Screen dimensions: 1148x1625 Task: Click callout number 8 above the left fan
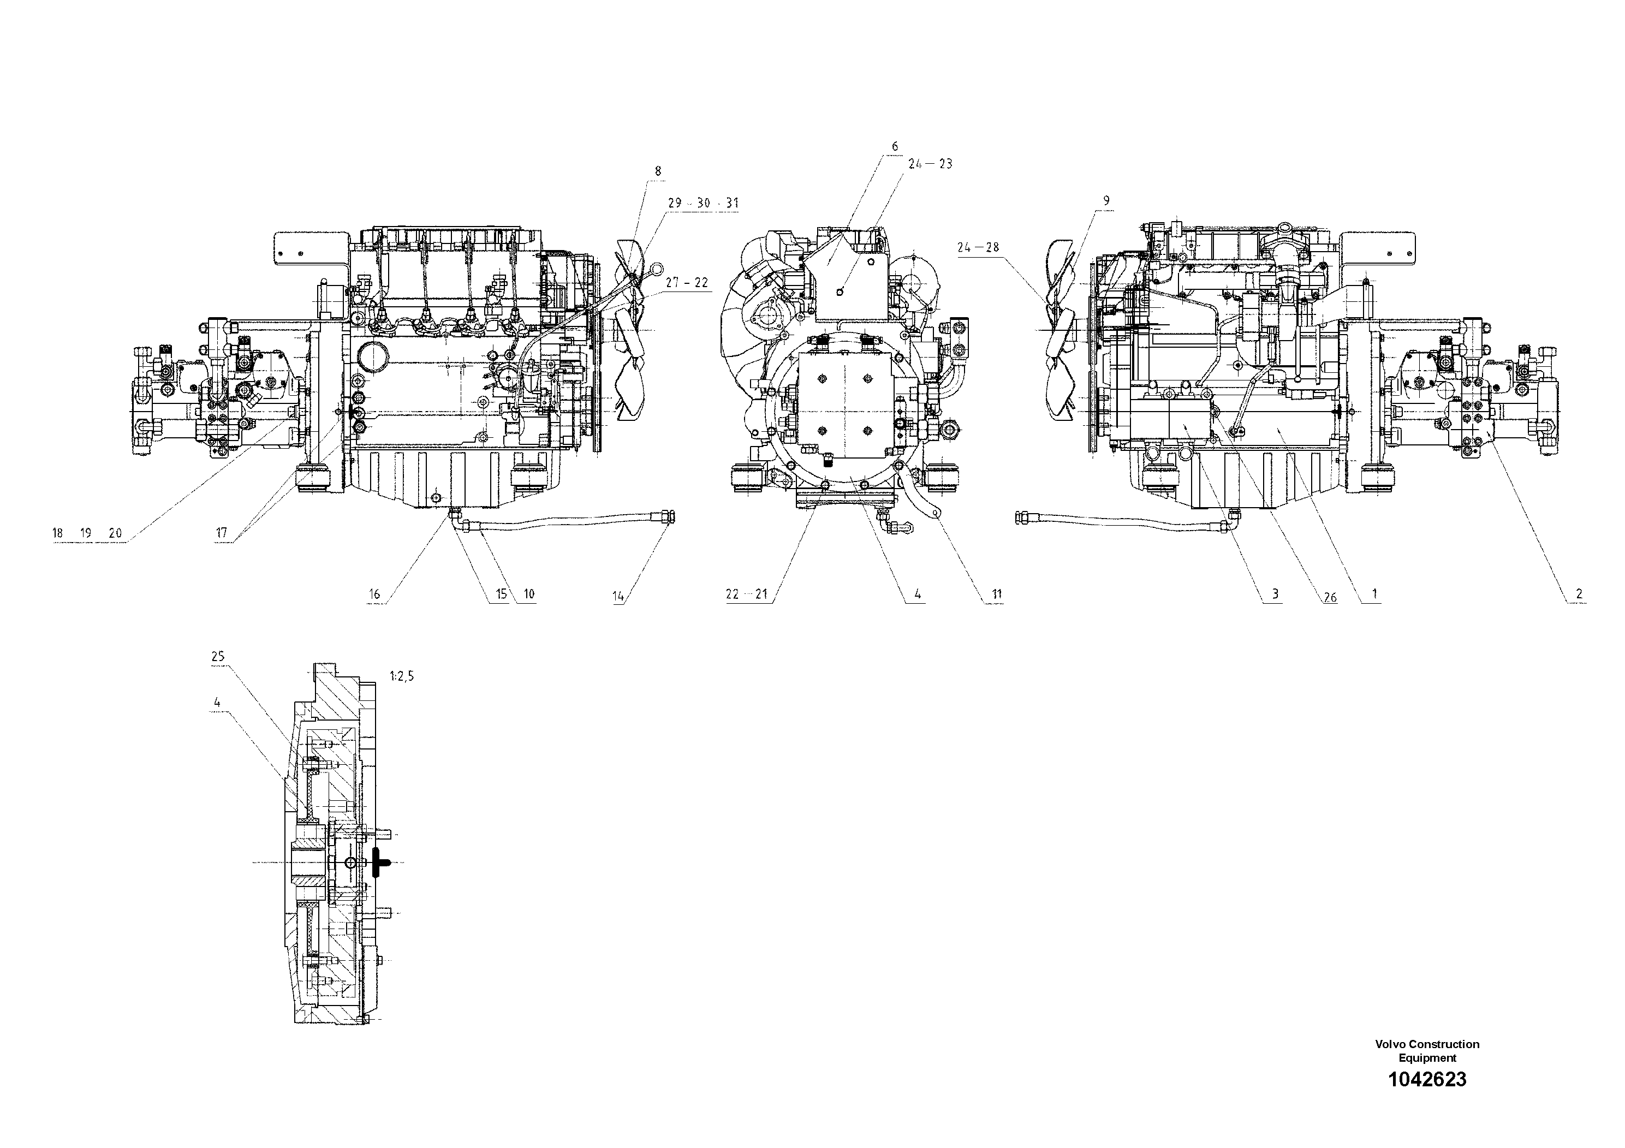pos(658,170)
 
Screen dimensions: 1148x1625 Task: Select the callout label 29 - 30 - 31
pos(703,203)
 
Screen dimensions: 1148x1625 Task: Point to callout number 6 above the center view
pos(895,146)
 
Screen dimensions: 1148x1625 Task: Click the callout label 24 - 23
pos(930,164)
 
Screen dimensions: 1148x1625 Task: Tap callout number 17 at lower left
pos(222,532)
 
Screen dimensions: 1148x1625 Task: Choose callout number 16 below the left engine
pos(374,594)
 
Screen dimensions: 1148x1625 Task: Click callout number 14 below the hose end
pos(618,596)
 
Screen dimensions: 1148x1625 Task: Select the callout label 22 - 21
pos(746,594)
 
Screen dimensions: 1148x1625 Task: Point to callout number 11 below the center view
pos(997,594)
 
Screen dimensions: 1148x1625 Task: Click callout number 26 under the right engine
pos(1330,597)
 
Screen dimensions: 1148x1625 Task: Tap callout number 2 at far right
pos(1579,594)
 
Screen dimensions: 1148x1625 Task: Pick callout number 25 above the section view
pos(217,656)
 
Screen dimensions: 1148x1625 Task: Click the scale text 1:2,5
pos(401,676)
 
